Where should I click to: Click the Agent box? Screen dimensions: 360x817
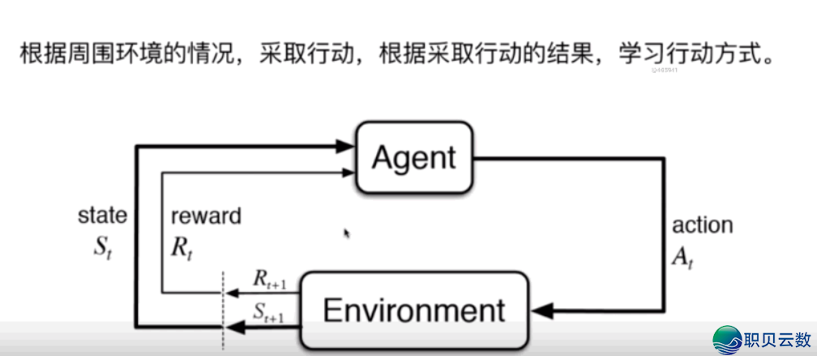pyautogui.click(x=413, y=157)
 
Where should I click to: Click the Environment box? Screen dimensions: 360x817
pyautogui.click(x=413, y=310)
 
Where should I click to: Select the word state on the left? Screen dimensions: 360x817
pyautogui.click(x=102, y=216)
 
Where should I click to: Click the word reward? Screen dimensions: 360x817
pyautogui.click(x=206, y=216)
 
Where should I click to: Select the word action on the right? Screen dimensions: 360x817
pyautogui.click(x=702, y=225)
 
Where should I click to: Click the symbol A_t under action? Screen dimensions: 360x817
pyautogui.click(x=682, y=257)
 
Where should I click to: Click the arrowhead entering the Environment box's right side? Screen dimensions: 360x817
pyautogui.click(x=541, y=310)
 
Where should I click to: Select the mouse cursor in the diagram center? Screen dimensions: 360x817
pyautogui.click(x=347, y=234)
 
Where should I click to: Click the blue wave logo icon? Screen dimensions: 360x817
pyautogui.click(x=727, y=340)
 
